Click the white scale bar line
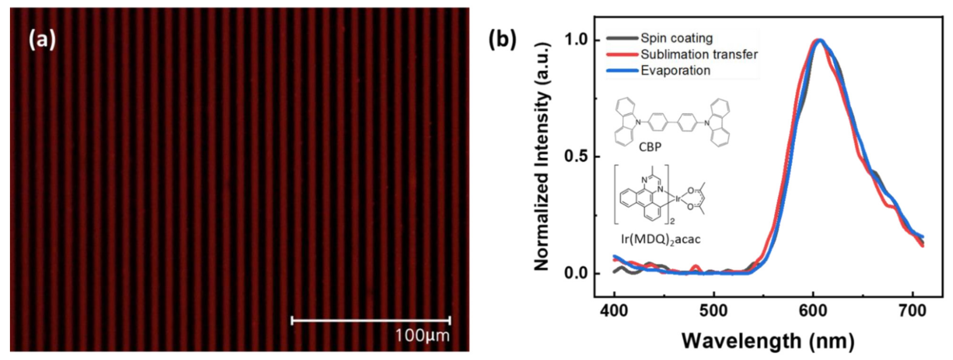[371, 320]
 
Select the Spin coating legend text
[677, 38]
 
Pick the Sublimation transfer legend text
[699, 54]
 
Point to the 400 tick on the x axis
[614, 311]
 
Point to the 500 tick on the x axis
[714, 311]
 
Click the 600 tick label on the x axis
[813, 311]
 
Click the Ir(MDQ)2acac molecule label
[660, 239]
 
